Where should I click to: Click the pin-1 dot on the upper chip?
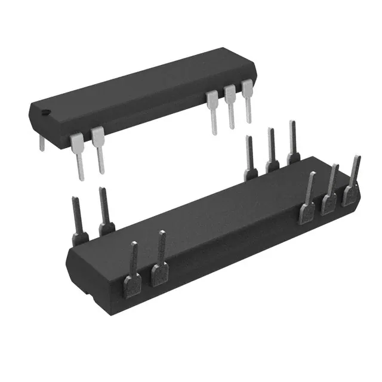45,110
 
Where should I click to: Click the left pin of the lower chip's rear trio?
251,158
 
